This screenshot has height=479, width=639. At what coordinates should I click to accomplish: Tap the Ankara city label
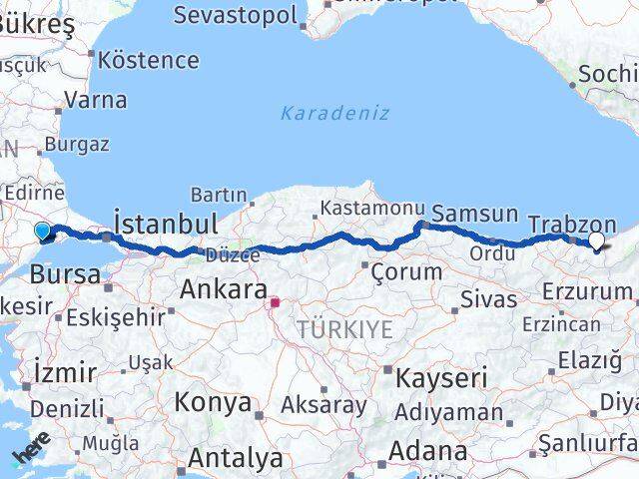(222, 289)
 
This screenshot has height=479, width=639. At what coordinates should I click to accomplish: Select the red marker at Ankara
(275, 299)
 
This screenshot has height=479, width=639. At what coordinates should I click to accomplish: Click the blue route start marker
(42, 232)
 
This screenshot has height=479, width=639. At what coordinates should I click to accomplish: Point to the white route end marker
(596, 240)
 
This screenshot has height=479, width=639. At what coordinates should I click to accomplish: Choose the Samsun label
(474, 214)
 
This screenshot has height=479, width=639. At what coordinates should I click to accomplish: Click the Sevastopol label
(236, 15)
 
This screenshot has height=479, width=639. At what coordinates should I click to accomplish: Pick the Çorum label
(405, 270)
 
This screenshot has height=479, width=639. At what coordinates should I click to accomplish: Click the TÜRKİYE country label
(343, 329)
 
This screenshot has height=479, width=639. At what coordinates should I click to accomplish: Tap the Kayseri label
(440, 378)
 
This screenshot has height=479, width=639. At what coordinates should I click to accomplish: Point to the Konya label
(213, 402)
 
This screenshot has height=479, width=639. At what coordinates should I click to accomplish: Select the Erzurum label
(587, 291)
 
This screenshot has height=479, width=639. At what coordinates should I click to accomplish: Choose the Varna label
(95, 100)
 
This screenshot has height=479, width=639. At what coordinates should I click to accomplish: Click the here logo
(30, 454)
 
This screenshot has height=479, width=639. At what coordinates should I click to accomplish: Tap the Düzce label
(232, 255)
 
